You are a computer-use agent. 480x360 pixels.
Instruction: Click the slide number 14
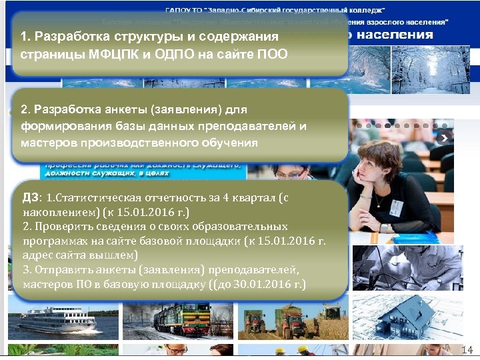coord(467,351)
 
